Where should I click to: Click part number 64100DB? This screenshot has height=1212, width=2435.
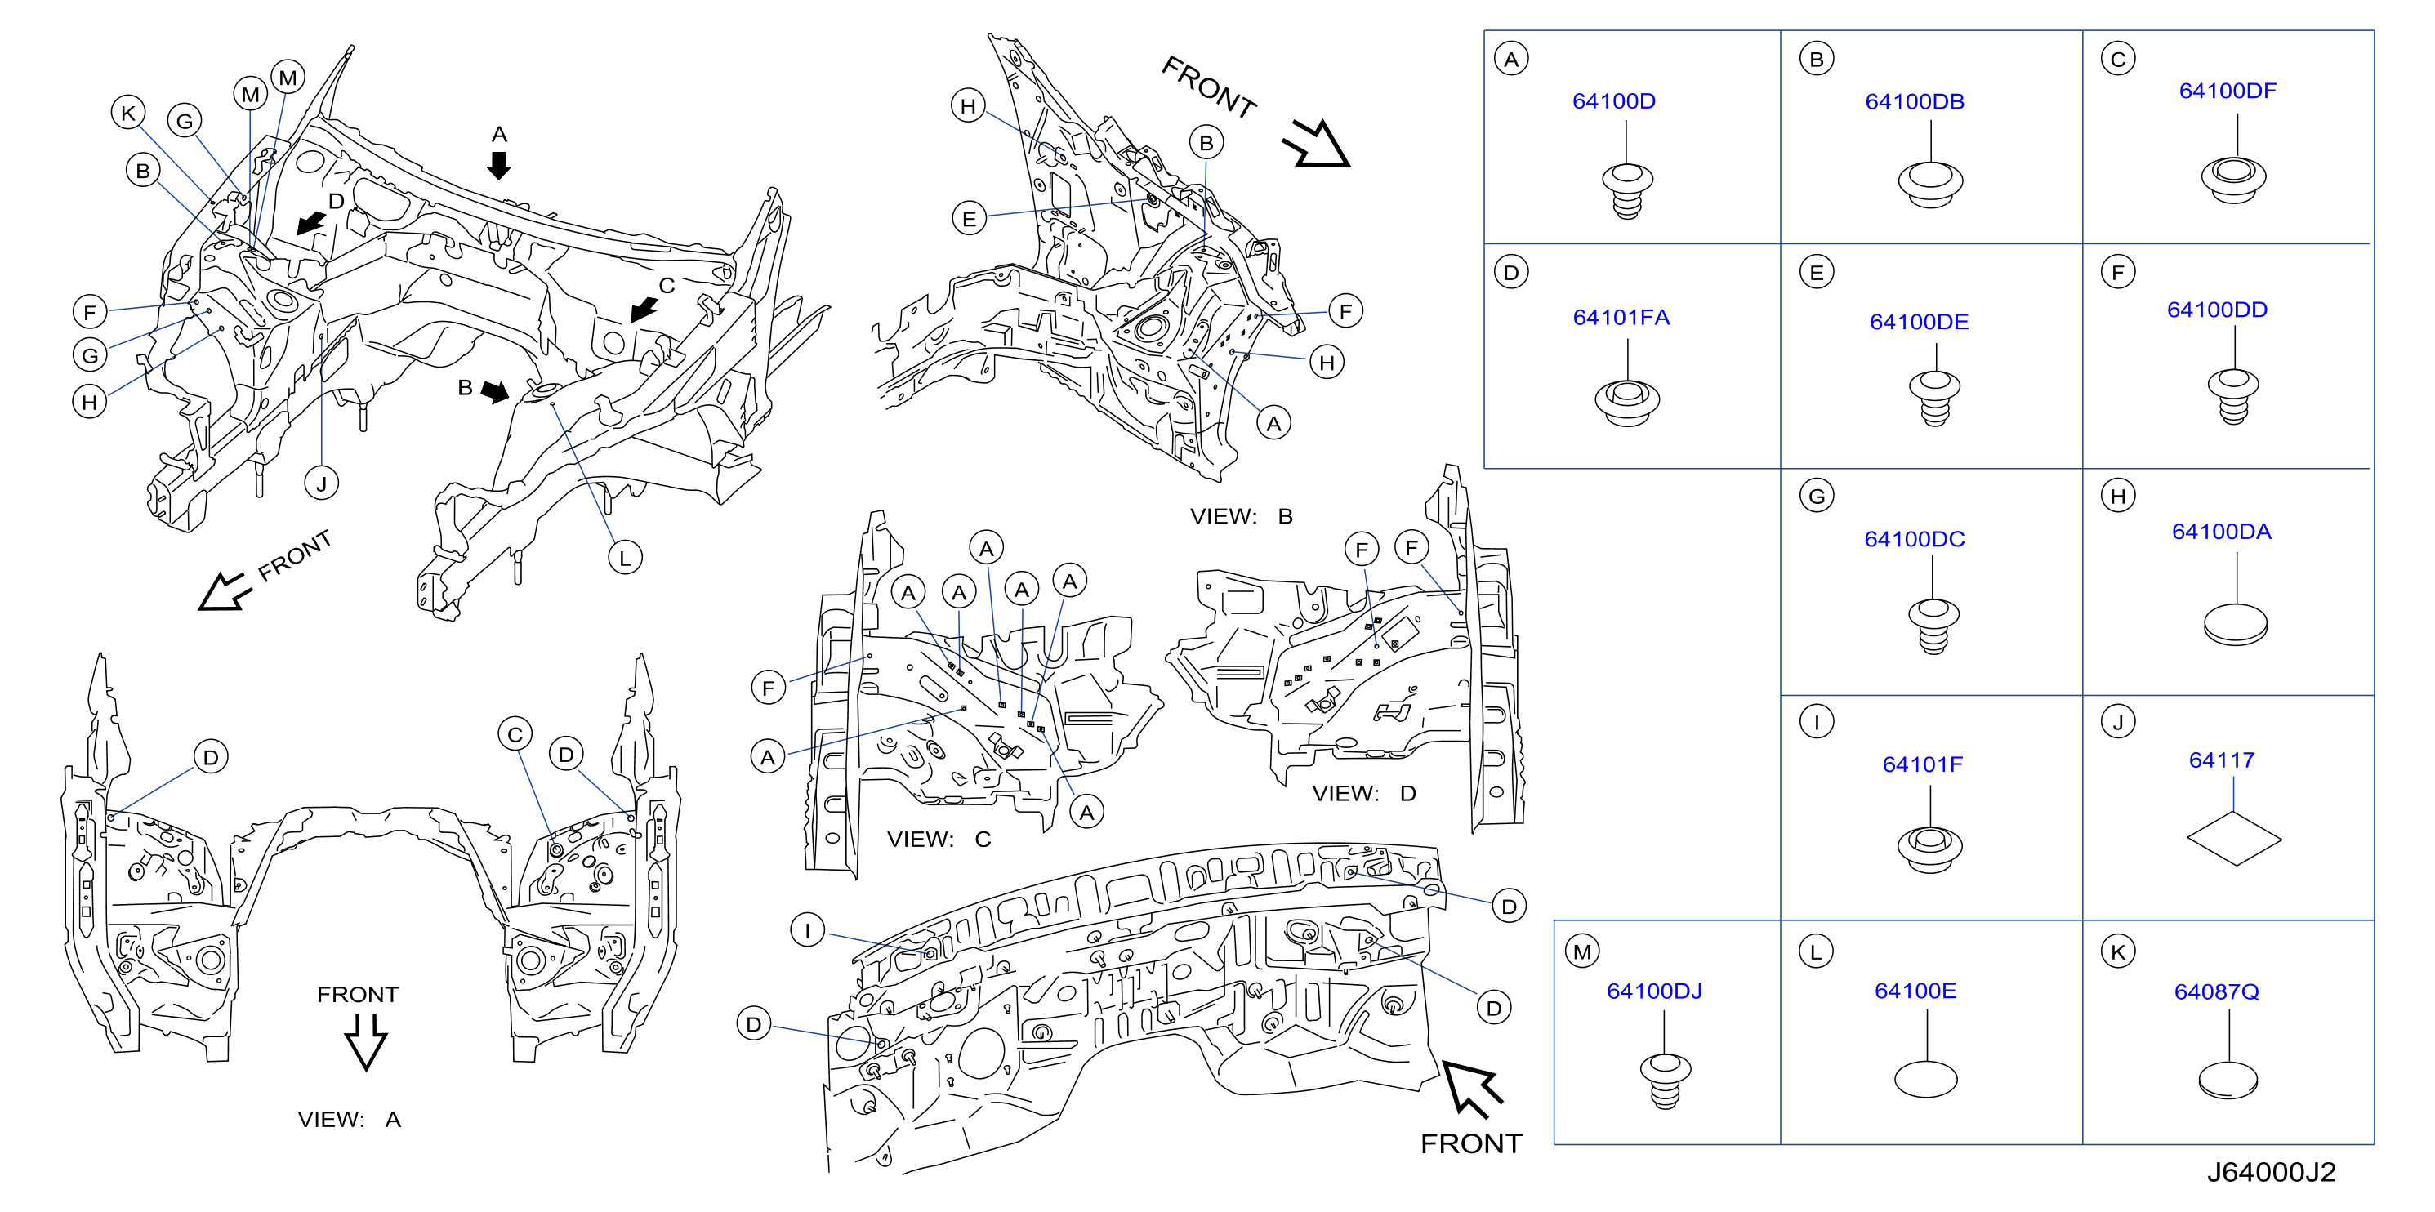point(1914,101)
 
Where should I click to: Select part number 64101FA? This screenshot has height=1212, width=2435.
point(1621,317)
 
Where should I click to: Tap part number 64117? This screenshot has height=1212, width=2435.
point(2221,760)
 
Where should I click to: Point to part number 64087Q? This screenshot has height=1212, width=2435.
point(2217,991)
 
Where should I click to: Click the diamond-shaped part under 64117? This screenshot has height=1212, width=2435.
point(2234,839)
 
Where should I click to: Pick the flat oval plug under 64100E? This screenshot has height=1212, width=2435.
point(1925,1079)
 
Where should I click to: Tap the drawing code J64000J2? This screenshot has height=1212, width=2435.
point(2271,1172)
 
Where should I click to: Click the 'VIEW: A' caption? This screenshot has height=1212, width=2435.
point(349,1120)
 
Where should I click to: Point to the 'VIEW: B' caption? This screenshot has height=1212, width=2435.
point(1241,516)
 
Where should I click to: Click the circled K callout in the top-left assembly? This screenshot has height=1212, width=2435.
point(128,113)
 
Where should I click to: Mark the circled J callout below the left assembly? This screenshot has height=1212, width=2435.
point(321,483)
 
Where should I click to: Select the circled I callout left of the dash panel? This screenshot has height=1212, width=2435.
point(807,930)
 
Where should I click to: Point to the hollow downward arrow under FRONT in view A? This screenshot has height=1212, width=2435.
point(366,1042)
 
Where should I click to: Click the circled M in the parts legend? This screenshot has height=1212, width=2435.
point(1582,952)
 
